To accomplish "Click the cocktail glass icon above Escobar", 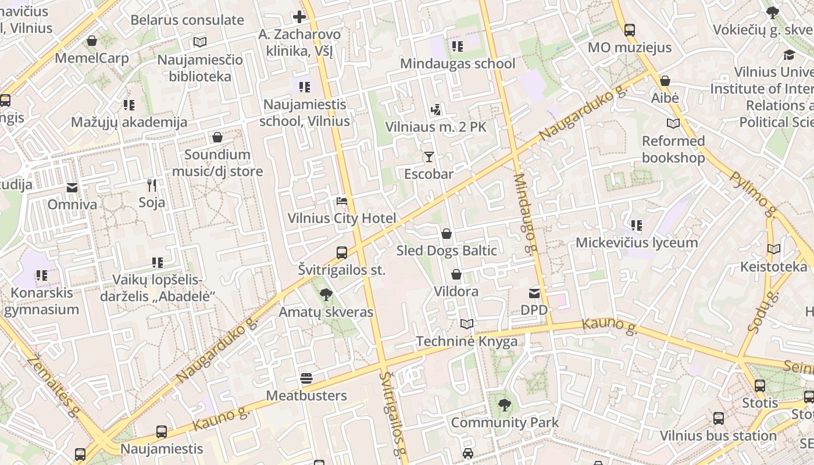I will [x=429, y=157].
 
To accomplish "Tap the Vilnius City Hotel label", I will [x=342, y=219].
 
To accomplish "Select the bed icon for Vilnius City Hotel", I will [x=342, y=202].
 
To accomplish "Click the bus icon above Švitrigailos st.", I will [x=342, y=253].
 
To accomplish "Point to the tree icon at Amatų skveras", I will [x=326, y=295].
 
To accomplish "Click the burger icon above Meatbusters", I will [x=306, y=379].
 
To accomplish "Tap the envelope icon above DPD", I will [x=534, y=294].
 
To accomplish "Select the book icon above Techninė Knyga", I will [x=466, y=324].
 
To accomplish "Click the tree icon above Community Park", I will [x=505, y=405].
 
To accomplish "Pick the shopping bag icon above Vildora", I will [x=456, y=274].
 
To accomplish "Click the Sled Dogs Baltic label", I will [x=447, y=251].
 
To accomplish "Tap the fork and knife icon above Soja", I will [x=152, y=185].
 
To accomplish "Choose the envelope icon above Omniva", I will [x=72, y=188].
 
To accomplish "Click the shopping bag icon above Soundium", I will [x=217, y=137].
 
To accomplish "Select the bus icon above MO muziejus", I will [x=629, y=30].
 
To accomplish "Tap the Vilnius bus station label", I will [x=718, y=435].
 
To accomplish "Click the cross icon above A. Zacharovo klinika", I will [x=299, y=17].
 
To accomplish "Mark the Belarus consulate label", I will [x=187, y=20].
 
